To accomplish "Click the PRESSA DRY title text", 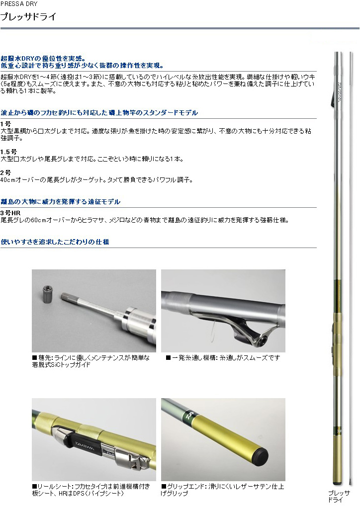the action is pos(19,4).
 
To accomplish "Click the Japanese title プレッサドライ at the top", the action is pos(28,16).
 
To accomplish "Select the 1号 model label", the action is pos(5,124).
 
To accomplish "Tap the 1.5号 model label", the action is pos(8,152).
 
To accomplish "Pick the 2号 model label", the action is pos(5,172).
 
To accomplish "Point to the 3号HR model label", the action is pos(10,213).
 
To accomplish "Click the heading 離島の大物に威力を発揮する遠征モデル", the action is pos(60,202).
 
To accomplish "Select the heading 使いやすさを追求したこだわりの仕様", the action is pos(55,242).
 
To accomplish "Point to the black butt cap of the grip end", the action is pos(261,455).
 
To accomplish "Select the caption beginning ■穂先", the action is pos(90,361).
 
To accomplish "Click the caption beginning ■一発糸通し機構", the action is pos(222,357).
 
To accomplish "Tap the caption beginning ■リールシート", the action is pos(90,490).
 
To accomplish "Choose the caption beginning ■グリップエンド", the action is pos(222,490).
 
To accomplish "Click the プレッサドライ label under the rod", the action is pos(339,497).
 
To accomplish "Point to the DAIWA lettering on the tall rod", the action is pos(340,92).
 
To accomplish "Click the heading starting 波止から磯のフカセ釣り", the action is pos(99,113).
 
